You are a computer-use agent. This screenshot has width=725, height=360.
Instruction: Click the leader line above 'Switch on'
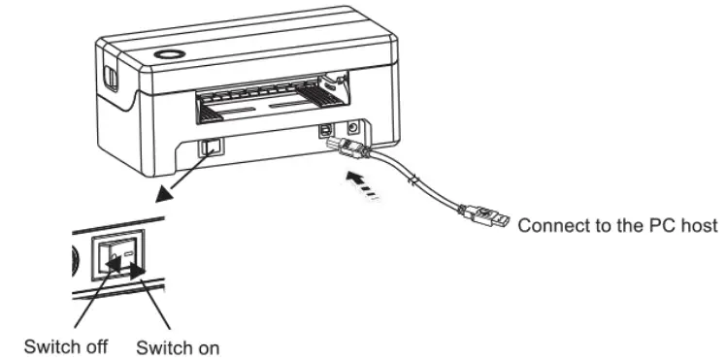[x=157, y=308]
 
